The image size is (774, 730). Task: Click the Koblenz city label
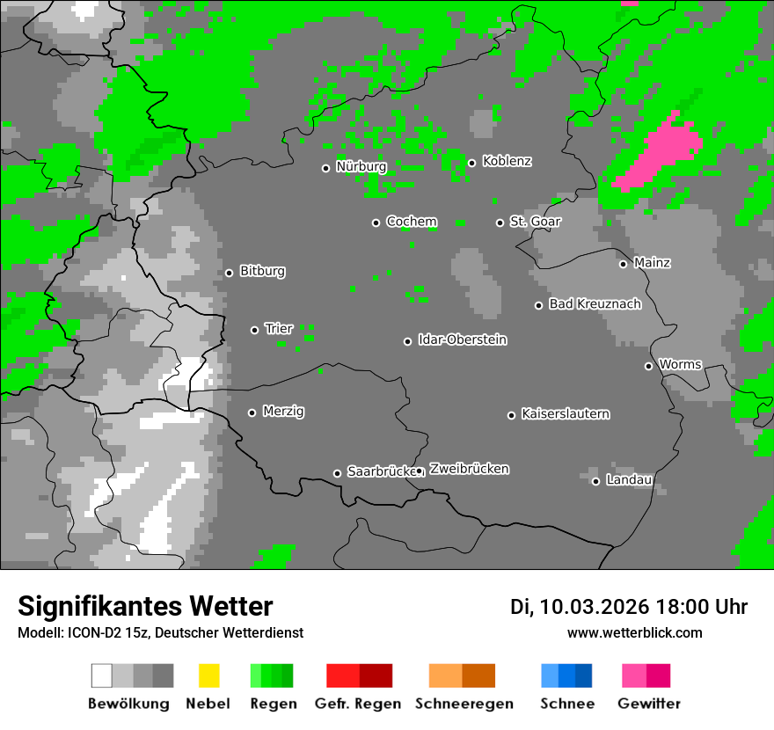click(x=507, y=162)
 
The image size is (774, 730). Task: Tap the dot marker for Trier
click(x=255, y=330)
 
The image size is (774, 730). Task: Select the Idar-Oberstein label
click(x=463, y=340)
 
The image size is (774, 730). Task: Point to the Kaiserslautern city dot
click(x=511, y=415)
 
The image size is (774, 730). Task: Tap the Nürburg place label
click(x=361, y=166)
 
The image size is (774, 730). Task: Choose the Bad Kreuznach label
click(x=595, y=304)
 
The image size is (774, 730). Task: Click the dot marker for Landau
click(x=595, y=481)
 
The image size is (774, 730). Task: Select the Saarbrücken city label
click(x=380, y=472)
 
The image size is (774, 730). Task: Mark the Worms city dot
click(x=648, y=366)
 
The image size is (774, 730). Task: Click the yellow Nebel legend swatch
click(x=208, y=675)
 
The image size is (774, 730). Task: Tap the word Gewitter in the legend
click(x=649, y=704)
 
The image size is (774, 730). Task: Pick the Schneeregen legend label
click(x=464, y=704)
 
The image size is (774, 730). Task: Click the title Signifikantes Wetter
click(x=145, y=607)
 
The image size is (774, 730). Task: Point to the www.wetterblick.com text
click(x=634, y=633)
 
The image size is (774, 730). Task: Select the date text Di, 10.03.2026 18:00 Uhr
click(x=629, y=607)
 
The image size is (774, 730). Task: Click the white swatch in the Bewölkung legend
click(x=101, y=675)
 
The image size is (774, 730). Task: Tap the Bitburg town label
click(x=262, y=272)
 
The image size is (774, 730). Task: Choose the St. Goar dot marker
click(x=500, y=223)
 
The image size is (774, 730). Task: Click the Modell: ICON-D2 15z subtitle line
click(x=160, y=633)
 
